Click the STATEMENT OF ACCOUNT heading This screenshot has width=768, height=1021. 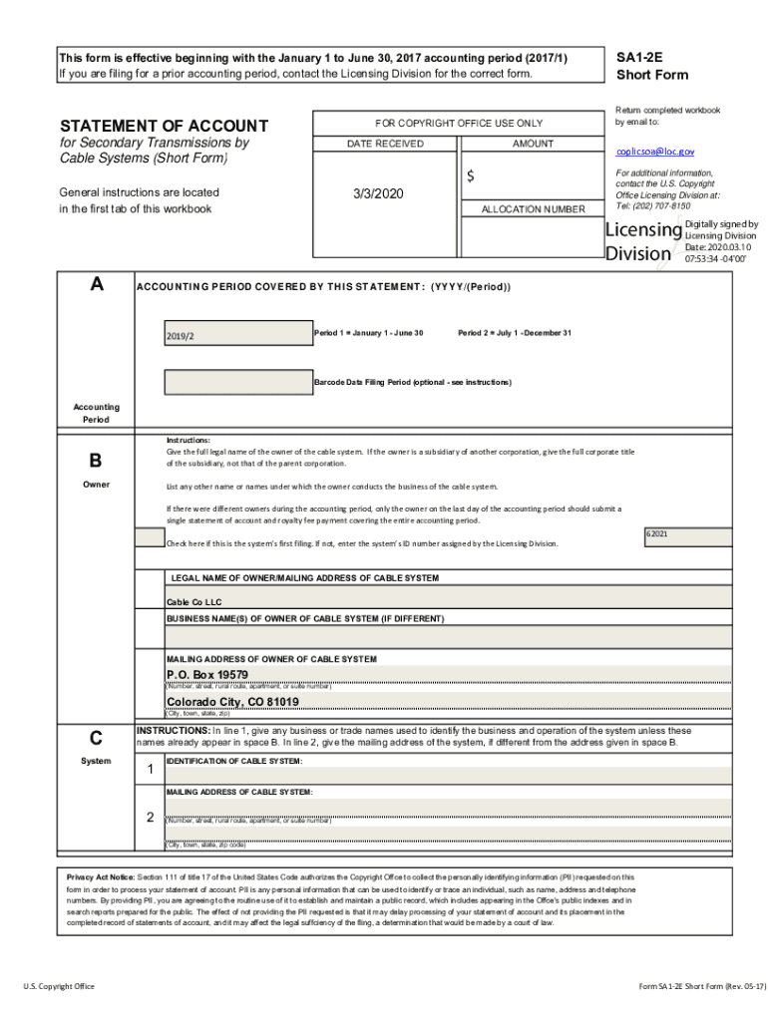164,126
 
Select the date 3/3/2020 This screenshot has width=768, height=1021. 379,193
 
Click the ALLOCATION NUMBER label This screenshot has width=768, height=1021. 533,209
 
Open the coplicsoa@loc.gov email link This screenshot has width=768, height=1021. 654,152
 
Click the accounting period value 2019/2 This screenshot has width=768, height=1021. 181,336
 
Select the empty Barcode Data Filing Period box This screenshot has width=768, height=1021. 237,382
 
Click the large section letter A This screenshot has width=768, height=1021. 96,284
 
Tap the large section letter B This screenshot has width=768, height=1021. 96,461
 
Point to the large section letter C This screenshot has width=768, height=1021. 96,738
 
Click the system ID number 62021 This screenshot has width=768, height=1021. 656,534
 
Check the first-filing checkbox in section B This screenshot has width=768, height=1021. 150,537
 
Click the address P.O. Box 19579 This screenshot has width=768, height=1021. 206,675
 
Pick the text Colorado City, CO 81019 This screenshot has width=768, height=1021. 231,702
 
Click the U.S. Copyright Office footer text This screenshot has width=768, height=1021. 59,986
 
